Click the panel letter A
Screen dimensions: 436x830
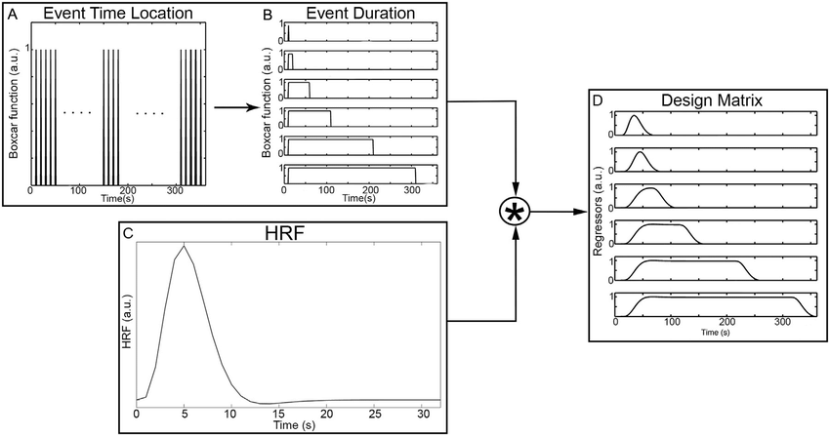[12, 13]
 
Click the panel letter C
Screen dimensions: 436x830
[127, 233]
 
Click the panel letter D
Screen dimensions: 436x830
[600, 99]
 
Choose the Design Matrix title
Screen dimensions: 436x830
[710, 100]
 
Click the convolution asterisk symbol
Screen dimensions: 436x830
[516, 211]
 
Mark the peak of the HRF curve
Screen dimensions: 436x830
[183, 247]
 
